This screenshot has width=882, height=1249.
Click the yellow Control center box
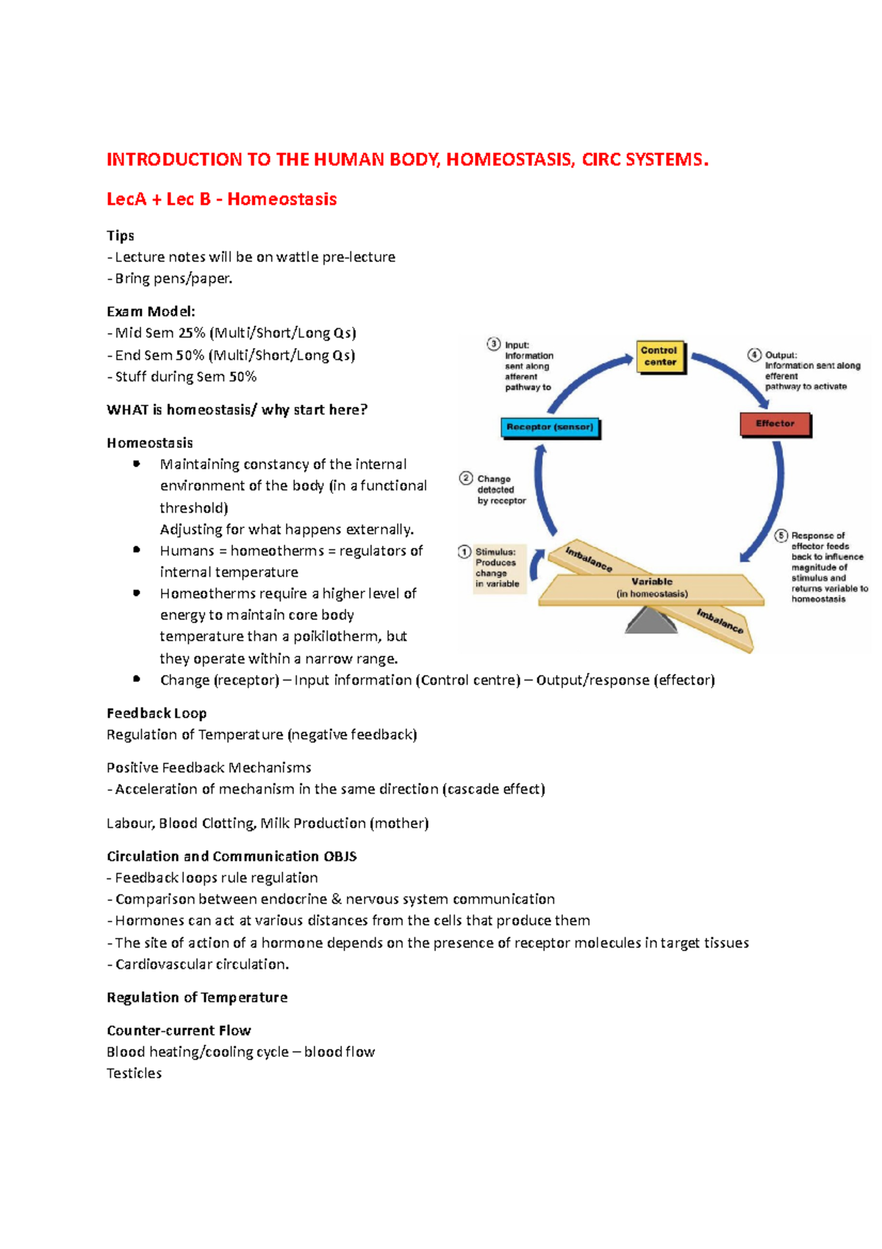[659, 357]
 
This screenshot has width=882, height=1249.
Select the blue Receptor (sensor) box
[550, 427]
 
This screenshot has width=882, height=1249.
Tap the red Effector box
[775, 424]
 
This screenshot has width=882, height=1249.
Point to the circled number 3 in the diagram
[494, 344]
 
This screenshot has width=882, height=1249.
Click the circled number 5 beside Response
[781, 535]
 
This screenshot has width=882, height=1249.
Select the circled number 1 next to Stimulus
[465, 552]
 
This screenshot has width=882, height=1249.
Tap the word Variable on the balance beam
[652, 581]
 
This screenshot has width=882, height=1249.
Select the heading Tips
[121, 235]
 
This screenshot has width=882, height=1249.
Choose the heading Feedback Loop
[157, 713]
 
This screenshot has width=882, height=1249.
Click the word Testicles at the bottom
[135, 1073]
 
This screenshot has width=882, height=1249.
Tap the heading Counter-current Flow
[179, 1031]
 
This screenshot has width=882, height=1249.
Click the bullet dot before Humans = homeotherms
[137, 549]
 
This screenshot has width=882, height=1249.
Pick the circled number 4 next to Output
[755, 355]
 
